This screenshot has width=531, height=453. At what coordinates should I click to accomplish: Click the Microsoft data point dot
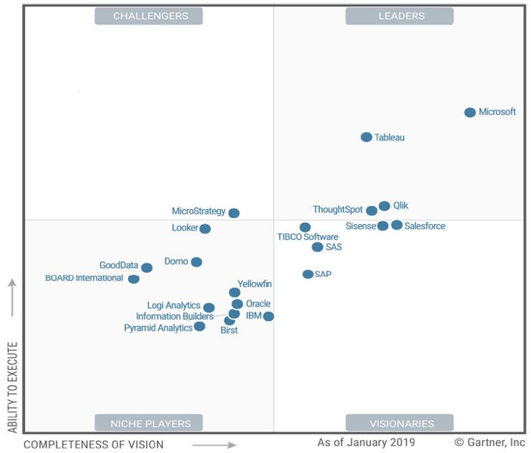click(470, 112)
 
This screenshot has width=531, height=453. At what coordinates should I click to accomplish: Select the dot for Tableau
click(367, 137)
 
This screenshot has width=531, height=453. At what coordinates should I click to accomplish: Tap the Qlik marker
click(385, 206)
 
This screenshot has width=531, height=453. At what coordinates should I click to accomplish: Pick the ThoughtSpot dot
click(372, 211)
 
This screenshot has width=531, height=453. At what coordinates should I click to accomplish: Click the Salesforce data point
click(397, 225)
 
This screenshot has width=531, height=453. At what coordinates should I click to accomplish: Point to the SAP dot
click(308, 274)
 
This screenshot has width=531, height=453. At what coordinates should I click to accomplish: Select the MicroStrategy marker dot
click(234, 213)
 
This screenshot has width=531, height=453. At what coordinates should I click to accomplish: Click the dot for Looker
click(205, 229)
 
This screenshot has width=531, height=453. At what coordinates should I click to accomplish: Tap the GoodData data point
click(146, 268)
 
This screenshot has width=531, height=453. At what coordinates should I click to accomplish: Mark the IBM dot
click(269, 316)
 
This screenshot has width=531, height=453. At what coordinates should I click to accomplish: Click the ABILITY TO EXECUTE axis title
click(12, 387)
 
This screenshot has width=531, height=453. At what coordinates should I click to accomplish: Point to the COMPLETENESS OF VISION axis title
click(94, 445)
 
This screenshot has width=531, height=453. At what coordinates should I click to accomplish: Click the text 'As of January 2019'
click(366, 442)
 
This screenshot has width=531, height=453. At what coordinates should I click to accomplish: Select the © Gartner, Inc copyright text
click(490, 442)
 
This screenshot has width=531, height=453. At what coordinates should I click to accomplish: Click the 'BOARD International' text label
click(84, 278)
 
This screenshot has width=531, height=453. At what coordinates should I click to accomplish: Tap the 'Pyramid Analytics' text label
click(158, 328)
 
